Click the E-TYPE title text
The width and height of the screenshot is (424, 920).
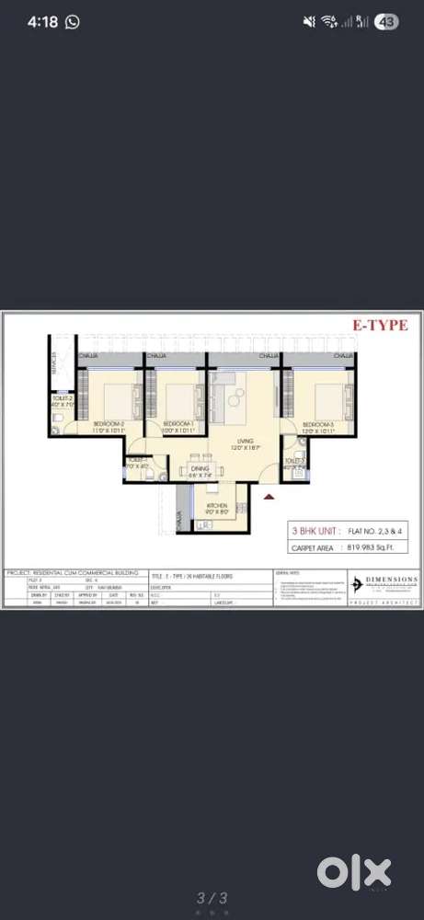click(x=388, y=324)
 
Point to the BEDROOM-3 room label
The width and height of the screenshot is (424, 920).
click(x=318, y=426)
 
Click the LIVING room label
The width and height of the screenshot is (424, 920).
click(x=244, y=443)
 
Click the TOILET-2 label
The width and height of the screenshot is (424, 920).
click(x=63, y=398)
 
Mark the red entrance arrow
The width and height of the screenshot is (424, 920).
click(x=269, y=497)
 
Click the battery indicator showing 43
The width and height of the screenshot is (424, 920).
click(x=385, y=21)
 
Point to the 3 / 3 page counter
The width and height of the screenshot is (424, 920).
click(x=211, y=898)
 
